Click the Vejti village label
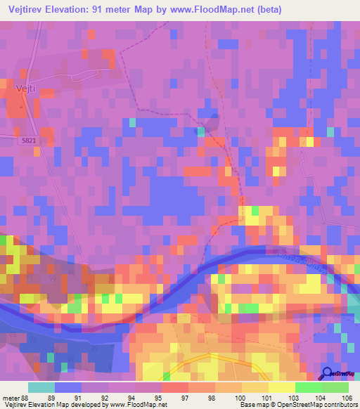(25, 89)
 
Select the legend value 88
(26, 397)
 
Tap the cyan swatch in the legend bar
(41, 387)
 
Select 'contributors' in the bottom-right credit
(337, 405)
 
